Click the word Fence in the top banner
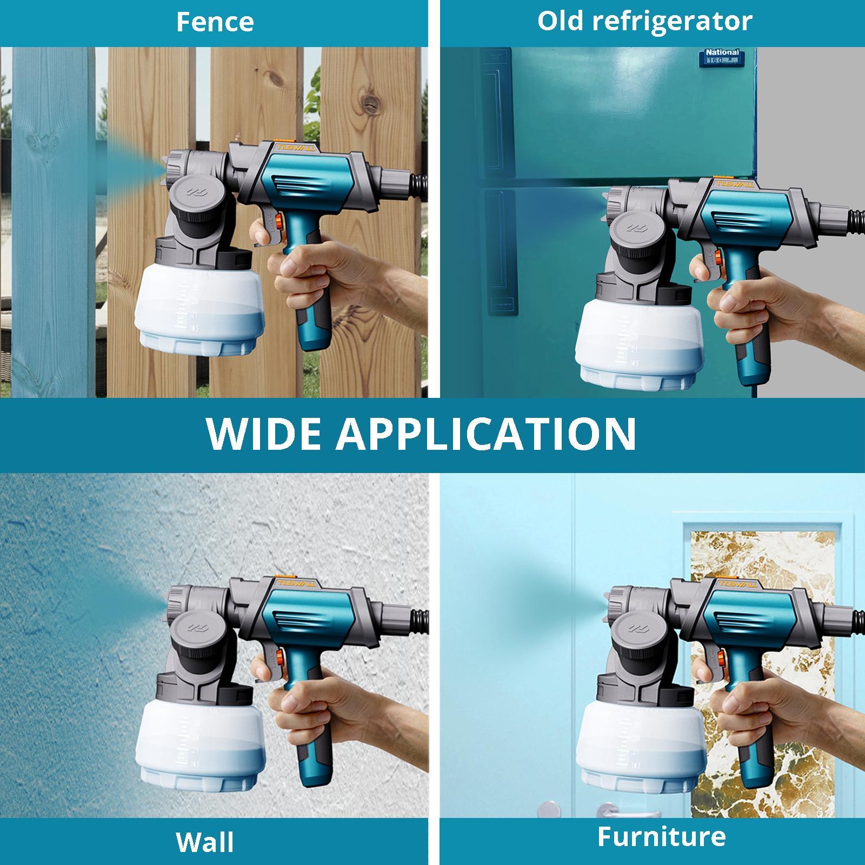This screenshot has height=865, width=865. point(215,22)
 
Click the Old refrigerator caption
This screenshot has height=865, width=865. point(644,21)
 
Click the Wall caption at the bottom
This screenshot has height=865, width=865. point(205,842)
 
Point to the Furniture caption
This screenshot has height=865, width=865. point(661,836)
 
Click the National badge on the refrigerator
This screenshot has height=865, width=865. point(722,57)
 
